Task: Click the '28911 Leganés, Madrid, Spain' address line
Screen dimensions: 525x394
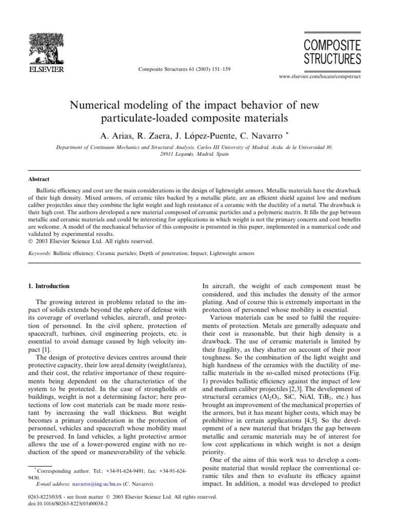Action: click(x=196, y=154)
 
